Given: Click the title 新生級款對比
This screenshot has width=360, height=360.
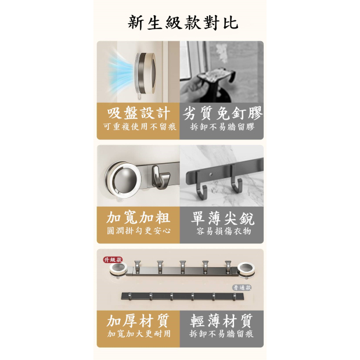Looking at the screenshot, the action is point(183,23).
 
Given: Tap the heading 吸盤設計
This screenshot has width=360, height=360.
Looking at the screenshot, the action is point(138,113).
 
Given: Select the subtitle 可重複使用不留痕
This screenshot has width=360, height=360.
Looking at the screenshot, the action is point(139,127).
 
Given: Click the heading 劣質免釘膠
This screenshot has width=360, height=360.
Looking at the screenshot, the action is point(222,113).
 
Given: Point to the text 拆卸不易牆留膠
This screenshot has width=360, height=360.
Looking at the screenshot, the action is point(222,127).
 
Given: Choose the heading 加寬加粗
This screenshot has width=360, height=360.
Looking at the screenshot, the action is point(138,217).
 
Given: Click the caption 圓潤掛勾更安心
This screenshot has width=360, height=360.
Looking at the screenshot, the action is point(139,231).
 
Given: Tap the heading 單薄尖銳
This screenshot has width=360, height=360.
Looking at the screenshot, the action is point(222,218).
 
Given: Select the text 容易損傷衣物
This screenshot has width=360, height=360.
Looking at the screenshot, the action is point(224,231).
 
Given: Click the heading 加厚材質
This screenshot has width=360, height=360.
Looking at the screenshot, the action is point(138,321).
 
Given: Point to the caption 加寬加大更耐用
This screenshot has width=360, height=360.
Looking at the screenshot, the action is point(139,334).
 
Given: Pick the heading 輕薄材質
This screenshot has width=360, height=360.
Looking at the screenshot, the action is point(221,321).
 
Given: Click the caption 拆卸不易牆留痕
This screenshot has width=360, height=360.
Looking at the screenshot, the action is point(221,334).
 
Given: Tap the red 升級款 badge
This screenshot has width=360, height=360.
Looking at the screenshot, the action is point(113,260).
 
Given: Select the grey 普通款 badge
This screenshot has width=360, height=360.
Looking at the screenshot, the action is point(242,287).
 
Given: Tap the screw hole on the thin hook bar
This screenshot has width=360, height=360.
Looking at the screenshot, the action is point(211,175).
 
